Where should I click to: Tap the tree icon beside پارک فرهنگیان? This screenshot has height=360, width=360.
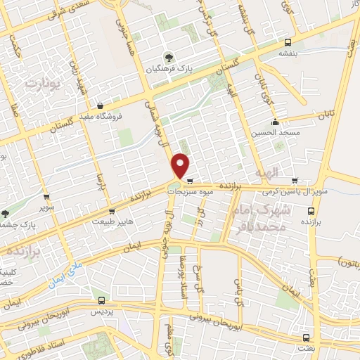pyautogui.click(x=167, y=56)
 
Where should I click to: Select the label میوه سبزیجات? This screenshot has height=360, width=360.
pyautogui.click(x=205, y=191)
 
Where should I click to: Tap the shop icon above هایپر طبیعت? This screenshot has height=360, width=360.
pyautogui.click(x=112, y=210)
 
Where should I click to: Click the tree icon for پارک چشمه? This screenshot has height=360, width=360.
pyautogui.click(x=6, y=213)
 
